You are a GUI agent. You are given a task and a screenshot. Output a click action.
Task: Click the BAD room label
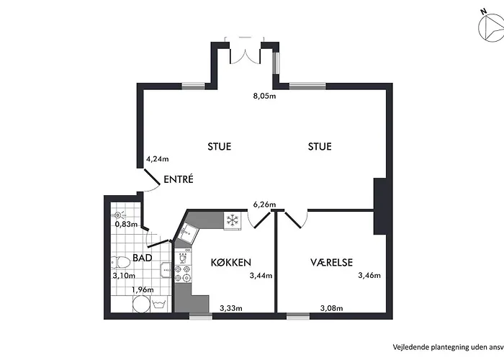coord(142,258)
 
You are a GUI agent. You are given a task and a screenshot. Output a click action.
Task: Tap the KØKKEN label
coord(231,262)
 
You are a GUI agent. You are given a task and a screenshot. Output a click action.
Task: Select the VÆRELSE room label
coord(331,262)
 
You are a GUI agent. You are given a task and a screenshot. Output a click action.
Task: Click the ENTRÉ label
coord(179,179)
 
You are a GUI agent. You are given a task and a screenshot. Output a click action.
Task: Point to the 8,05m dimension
coord(264,96)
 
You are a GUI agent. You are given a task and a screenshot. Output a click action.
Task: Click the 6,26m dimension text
coord(264,204)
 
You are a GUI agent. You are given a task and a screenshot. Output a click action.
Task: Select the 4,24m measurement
coord(158,159)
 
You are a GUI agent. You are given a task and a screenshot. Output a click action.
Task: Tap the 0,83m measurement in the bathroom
coord(126,224)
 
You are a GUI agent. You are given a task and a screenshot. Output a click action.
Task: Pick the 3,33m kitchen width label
coord(231,308)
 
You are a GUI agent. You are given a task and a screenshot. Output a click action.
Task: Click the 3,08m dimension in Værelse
coord(331,308)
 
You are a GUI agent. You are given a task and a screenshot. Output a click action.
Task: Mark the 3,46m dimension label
coord(369,276)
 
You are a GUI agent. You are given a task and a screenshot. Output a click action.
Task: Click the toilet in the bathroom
coord(120,262)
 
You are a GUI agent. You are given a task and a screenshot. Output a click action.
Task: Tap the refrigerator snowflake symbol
coord(233,220)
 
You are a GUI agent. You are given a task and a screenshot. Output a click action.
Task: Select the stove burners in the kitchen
coord(183,273)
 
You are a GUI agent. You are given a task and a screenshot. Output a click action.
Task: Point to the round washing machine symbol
coord(141,304)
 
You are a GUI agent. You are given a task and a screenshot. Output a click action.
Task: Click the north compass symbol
coord(491,28)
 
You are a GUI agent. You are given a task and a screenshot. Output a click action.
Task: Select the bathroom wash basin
coord(166,270)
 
